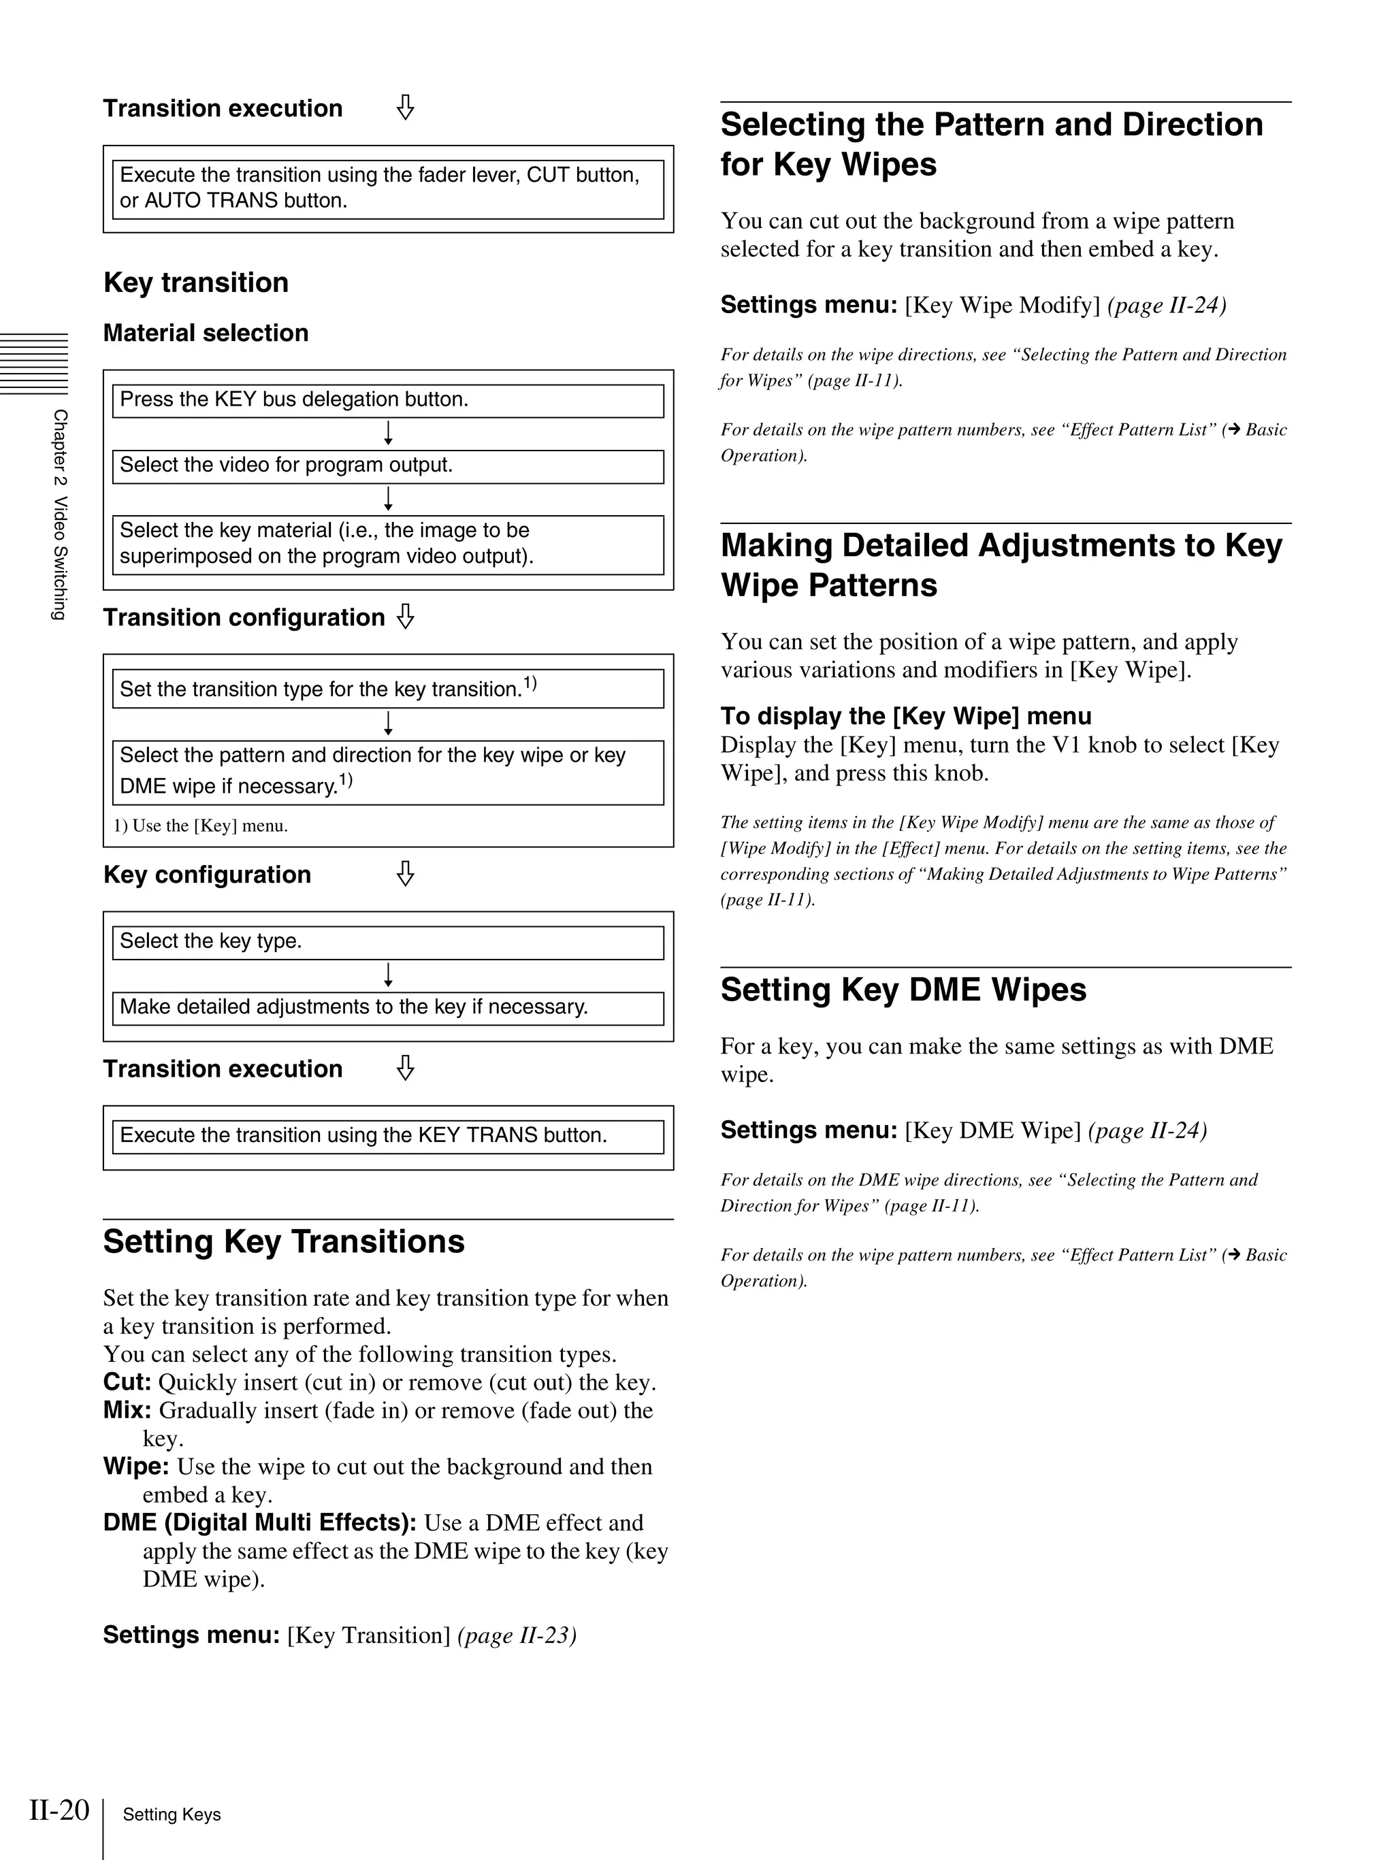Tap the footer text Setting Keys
172,1814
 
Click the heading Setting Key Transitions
283,1242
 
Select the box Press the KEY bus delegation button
387,400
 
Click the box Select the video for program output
387,466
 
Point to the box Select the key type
387,942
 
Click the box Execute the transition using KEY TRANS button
387,1136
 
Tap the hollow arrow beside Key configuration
405,874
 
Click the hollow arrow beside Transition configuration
405,617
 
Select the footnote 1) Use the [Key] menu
201,826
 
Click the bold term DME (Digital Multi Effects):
260,1523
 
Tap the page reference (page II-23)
516,1635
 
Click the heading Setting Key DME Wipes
903,990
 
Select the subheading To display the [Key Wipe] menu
905,717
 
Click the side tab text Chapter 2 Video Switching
59,515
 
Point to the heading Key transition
196,282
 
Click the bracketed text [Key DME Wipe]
992,1131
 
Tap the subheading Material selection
206,333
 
